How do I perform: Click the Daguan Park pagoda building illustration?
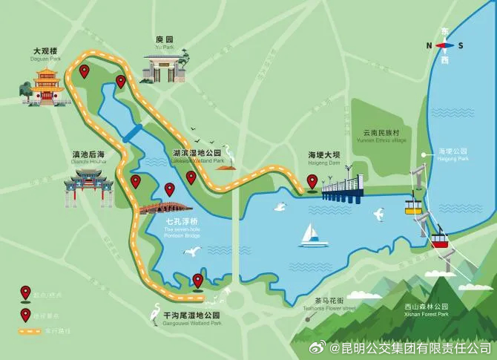point(46,84)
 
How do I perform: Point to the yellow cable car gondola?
point(413,204)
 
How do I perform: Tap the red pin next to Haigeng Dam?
point(312,181)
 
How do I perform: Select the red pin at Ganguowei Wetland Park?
point(197,280)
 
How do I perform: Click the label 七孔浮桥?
point(181,221)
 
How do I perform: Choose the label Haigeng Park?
point(452,158)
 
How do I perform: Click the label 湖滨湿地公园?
point(197,152)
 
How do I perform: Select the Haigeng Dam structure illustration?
point(343,189)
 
